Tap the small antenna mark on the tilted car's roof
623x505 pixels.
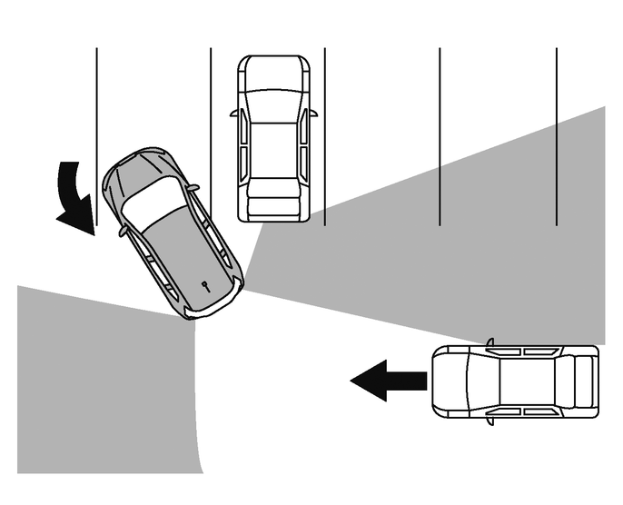(x=206, y=284)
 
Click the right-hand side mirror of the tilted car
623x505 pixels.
(x=193, y=188)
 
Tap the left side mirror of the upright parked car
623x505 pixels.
(x=234, y=114)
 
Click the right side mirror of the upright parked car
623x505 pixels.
(x=313, y=114)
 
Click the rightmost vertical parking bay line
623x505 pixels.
(x=556, y=136)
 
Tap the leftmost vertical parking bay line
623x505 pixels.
(x=96, y=100)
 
